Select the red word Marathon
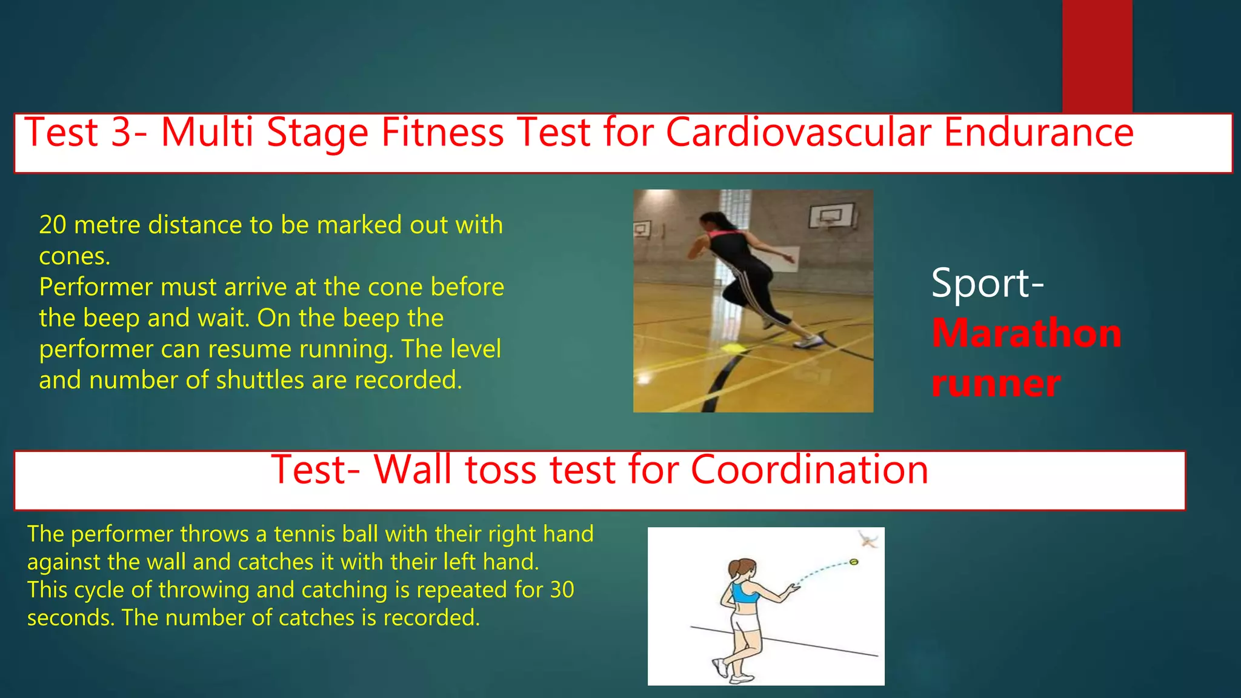(1026, 333)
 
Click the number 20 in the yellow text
(53, 225)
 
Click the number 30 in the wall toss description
(562, 590)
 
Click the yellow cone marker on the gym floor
(734, 348)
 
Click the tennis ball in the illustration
(854, 562)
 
